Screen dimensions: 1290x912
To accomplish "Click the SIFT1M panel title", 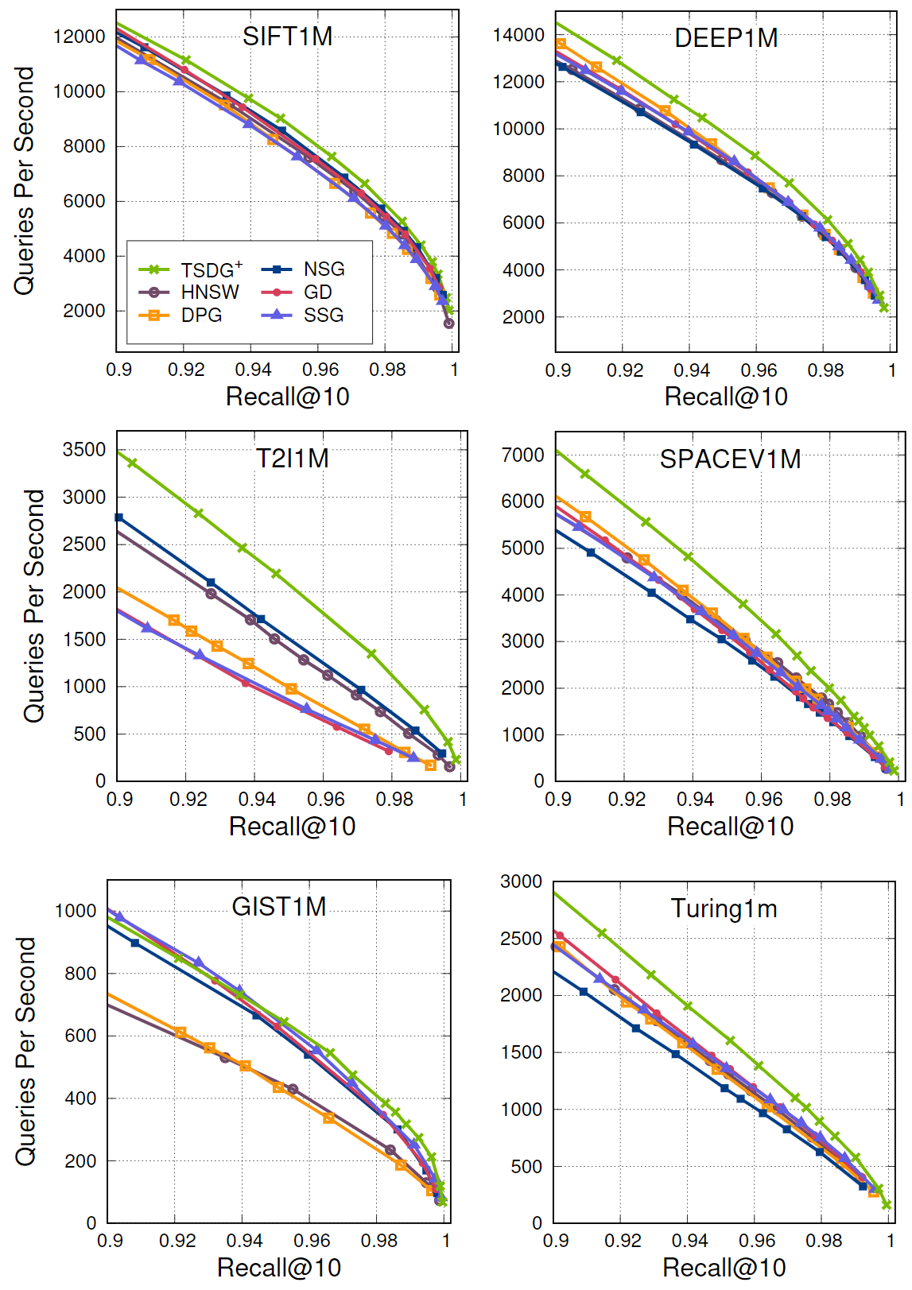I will click(287, 37).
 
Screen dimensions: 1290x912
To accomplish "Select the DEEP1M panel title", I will click(726, 38).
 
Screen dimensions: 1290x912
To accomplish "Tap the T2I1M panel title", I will click(292, 459).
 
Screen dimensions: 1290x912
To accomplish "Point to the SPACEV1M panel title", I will click(730, 459).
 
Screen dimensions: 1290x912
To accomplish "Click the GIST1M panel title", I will click(279, 907).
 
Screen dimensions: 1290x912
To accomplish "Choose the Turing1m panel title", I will click(724, 908).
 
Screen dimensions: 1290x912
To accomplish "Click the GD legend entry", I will click(317, 292).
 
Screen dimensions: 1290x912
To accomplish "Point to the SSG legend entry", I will click(323, 316).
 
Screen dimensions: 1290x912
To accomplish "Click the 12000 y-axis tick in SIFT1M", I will click(79, 37).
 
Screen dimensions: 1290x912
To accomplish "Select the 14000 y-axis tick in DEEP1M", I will click(518, 35).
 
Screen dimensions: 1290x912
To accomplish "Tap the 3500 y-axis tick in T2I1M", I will click(84, 450).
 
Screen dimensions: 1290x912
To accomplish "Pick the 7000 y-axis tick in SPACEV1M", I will click(523, 455).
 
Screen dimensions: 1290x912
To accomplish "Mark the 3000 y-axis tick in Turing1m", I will click(522, 881).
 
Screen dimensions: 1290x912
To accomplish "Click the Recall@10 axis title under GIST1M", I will click(279, 1268).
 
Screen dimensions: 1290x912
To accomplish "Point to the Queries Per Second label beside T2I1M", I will click(34, 606).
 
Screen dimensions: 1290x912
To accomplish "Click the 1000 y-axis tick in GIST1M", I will click(76, 911).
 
